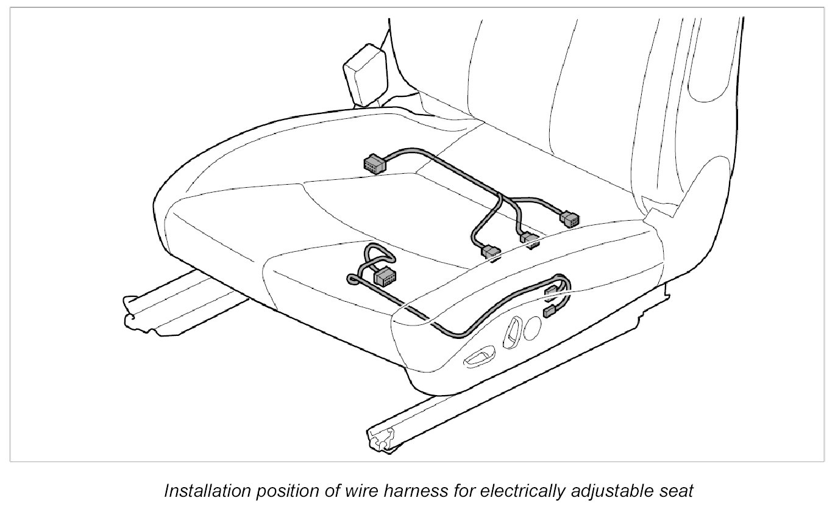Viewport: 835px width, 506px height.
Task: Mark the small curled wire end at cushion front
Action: (x=353, y=279)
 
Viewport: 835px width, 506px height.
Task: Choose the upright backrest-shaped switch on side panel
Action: (x=510, y=332)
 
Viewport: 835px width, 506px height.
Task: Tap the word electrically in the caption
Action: (x=482, y=491)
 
